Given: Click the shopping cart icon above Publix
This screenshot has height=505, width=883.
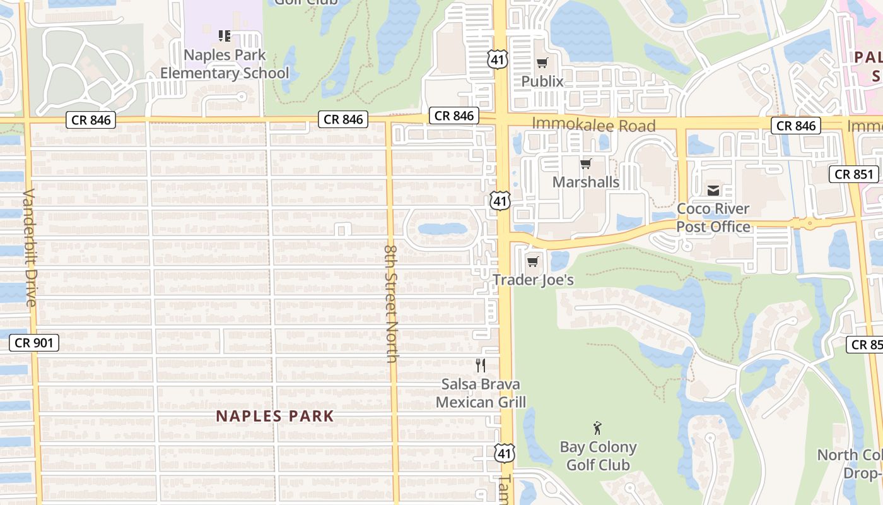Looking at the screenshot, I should [542, 62].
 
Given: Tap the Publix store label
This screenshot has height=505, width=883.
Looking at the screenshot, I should [542, 81].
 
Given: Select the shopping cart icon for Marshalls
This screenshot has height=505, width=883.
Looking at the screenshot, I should [586, 164].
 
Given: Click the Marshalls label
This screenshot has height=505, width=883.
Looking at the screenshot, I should [586, 182].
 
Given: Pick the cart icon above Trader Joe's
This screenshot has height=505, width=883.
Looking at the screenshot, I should [533, 261].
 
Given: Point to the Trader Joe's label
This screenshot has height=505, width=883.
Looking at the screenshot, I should [534, 280].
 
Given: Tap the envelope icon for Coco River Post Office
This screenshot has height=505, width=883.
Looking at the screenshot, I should [713, 190].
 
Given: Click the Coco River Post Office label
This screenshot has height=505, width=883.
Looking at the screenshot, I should [713, 218].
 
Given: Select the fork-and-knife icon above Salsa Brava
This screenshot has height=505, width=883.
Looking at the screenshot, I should [481, 365].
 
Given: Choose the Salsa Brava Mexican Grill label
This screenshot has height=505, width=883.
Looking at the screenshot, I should [481, 393].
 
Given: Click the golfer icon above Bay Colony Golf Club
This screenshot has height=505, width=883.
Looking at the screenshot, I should [597, 429].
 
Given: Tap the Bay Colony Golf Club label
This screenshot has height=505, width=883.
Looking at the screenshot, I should [598, 456].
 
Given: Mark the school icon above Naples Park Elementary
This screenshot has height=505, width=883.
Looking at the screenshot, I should [224, 36].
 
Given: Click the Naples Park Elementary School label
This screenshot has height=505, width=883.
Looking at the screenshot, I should [225, 64].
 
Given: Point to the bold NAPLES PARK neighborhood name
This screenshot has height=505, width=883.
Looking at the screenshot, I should [275, 417].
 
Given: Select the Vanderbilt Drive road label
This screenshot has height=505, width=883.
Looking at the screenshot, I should [30, 247].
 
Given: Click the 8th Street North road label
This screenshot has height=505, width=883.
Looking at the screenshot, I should [390, 304].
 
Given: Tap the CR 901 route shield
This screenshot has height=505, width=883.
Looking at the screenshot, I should [35, 343].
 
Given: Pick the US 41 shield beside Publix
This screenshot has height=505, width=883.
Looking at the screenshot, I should [496, 59].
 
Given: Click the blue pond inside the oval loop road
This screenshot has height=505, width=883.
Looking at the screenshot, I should [441, 229].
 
